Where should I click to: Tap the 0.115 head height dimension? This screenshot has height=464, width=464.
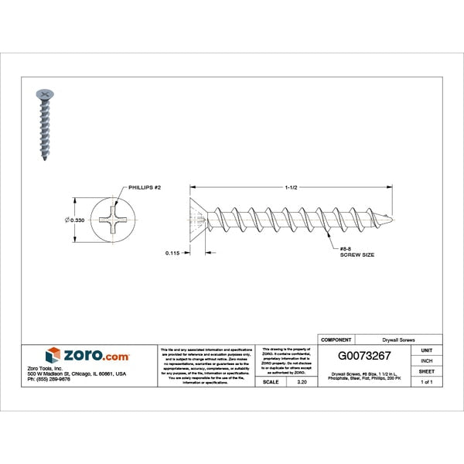coord(173,252)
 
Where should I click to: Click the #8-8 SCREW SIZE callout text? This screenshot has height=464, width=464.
coord(357,251)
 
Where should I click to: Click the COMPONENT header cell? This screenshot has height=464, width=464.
coord(336,339)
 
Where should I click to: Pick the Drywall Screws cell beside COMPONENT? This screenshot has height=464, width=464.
coord(398,339)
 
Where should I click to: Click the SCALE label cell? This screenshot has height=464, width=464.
coord(271,382)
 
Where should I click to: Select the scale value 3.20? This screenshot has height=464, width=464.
coord(302,382)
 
